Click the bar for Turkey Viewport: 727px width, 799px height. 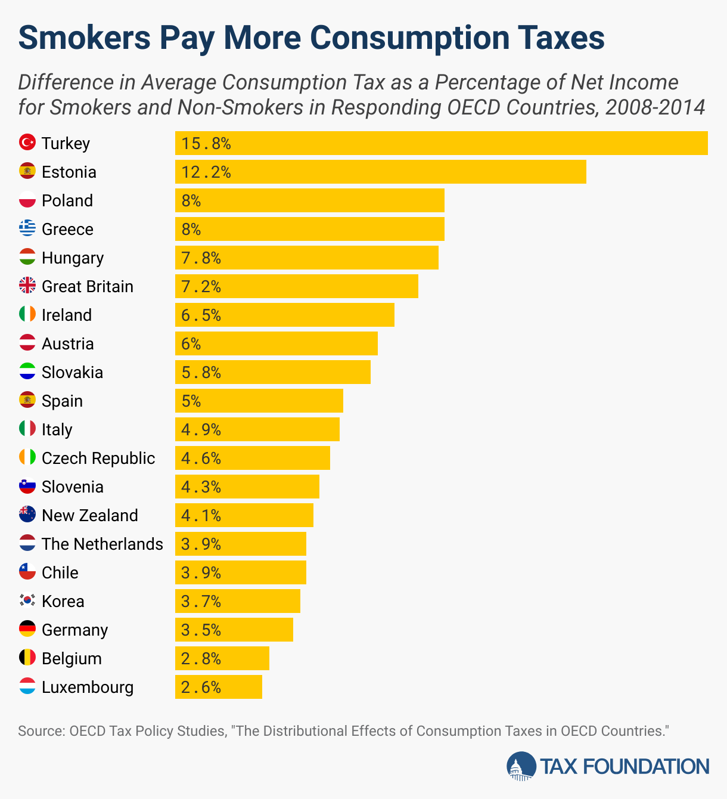441,143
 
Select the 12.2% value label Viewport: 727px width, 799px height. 206,172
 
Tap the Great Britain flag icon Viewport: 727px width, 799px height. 27,286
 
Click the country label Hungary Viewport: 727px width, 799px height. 73,258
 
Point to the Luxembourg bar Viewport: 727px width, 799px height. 219,687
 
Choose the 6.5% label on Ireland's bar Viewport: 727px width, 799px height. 201,315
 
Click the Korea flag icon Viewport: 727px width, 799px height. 27,600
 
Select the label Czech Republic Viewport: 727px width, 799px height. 98,458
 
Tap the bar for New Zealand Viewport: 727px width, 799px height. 244,515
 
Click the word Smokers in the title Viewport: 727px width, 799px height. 85,37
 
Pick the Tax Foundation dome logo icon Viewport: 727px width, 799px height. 521,766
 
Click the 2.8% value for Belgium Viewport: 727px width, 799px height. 201,658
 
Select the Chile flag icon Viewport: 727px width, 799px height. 27,572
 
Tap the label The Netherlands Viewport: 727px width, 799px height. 102,544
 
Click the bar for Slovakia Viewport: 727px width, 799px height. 273,372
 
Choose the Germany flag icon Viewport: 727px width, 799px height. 27,629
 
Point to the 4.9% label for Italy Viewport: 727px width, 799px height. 201,429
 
